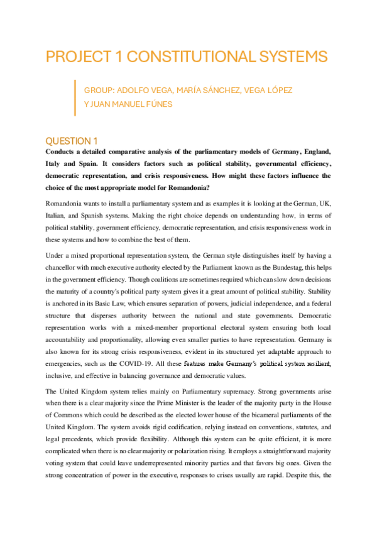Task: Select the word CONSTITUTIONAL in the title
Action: (x=188, y=57)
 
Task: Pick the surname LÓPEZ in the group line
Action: (x=278, y=91)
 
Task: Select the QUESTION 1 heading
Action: (x=72, y=141)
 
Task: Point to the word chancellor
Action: (x=66, y=266)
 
